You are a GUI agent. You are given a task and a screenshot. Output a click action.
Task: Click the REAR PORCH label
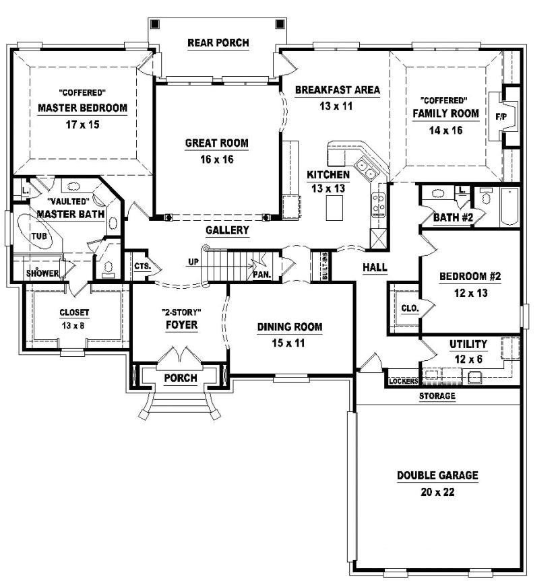[x=218, y=43]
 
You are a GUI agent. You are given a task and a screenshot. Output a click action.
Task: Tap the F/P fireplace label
[x=502, y=116]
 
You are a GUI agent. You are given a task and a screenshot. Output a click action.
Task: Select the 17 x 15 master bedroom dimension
[x=82, y=125]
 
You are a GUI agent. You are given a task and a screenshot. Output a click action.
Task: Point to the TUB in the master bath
[x=38, y=236]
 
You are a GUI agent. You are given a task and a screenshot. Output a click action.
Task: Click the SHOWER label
[x=42, y=273]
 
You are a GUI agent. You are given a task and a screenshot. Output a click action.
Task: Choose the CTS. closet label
[x=142, y=267]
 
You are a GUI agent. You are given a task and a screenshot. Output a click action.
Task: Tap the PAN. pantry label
[x=261, y=274]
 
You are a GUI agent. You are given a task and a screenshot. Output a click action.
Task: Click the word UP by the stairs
[x=193, y=261]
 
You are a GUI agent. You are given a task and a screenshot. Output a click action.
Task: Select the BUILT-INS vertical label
[x=326, y=265]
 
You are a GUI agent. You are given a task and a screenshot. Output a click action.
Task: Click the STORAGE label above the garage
[x=437, y=397]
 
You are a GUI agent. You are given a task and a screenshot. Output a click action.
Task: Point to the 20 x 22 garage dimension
[x=437, y=492]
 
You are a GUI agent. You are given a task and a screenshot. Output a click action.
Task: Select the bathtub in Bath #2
[x=509, y=207]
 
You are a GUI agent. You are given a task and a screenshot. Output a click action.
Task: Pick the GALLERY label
[x=227, y=230]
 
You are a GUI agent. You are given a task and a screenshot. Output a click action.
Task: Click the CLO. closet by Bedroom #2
[x=410, y=308]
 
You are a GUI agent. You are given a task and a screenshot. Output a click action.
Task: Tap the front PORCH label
[x=181, y=378]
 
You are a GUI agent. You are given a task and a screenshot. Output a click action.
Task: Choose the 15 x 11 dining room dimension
[x=289, y=343]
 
